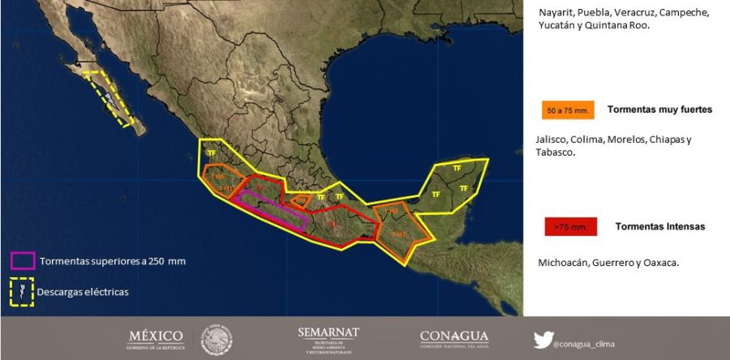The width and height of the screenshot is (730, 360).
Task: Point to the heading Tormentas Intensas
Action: [x=660, y=226]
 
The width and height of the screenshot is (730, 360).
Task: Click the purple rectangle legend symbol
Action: [x=22, y=260]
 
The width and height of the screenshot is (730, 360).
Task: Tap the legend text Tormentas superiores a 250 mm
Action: [x=104, y=260]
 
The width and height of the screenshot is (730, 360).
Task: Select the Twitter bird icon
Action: [x=543, y=340]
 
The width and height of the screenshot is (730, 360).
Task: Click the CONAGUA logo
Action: [x=453, y=340]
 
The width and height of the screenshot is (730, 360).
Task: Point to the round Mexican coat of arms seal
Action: [x=217, y=340]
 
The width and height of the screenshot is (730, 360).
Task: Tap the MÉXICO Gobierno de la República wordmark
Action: [x=156, y=340]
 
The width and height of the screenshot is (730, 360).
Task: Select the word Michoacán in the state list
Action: [x=561, y=263]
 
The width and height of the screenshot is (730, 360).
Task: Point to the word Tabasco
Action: [x=556, y=152]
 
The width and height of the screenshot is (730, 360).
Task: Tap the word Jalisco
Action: [x=552, y=139]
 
